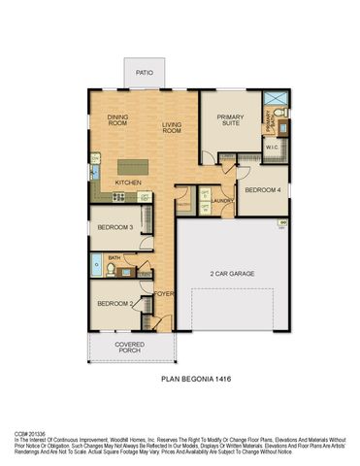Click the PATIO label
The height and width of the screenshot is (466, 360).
click(x=146, y=73)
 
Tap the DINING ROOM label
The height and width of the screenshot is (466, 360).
click(x=117, y=120)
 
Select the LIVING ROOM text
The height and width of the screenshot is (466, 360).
click(x=173, y=125)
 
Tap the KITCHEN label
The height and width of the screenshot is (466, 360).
click(x=129, y=182)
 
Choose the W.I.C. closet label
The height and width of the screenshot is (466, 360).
click(x=273, y=149)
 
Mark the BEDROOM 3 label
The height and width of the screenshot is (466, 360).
click(x=115, y=228)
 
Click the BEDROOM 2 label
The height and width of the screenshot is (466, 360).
click(x=115, y=304)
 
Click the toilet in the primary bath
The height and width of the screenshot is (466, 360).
click(x=279, y=115)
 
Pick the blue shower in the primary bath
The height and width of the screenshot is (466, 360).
click(x=275, y=98)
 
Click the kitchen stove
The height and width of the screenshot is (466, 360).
click(x=118, y=197)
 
